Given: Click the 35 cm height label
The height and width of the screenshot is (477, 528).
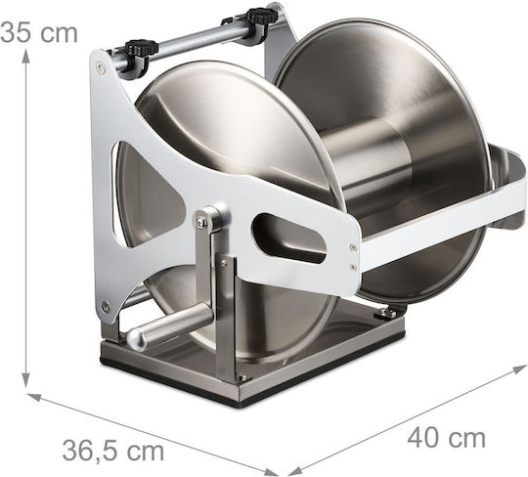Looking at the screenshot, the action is pos(39,33).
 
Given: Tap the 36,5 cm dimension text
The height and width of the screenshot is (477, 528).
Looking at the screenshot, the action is pos(113,451).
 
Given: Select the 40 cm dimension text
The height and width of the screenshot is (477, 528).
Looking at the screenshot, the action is pos(447,438).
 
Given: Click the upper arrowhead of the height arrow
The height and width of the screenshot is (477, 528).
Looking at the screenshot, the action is pos(26,54).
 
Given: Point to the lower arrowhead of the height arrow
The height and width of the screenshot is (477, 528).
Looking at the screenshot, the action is pos(26,380).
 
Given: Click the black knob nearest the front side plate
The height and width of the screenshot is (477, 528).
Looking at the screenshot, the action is pos(142,48).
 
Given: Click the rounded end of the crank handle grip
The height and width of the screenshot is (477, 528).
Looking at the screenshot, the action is pos(137,338).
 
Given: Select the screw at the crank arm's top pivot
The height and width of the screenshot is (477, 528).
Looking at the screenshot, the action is pos(201,221).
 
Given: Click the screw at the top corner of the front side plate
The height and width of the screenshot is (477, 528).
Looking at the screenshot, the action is pos(101,66).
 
